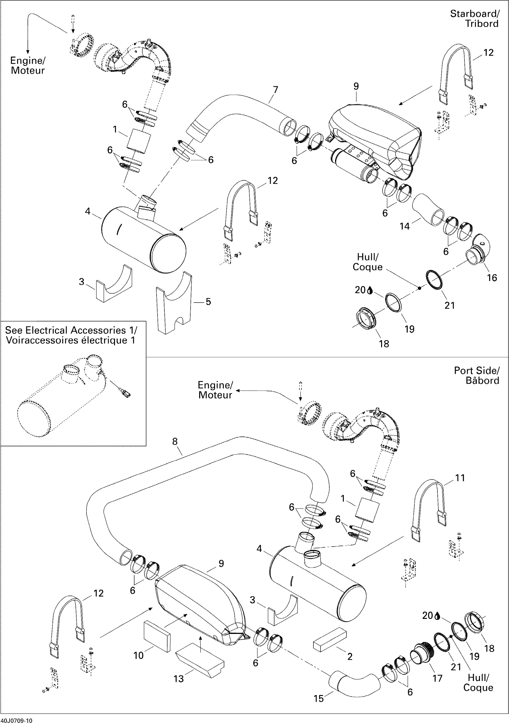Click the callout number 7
pyautogui.click(x=275, y=90)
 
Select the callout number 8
pyautogui.click(x=175, y=442)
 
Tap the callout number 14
pyautogui.click(x=405, y=226)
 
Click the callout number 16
pyautogui.click(x=492, y=278)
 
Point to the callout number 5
pyautogui.click(x=208, y=302)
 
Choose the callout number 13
pyautogui.click(x=179, y=679)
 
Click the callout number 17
pyautogui.click(x=437, y=678)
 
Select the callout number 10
pyautogui.click(x=139, y=655)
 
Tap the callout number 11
pyautogui.click(x=460, y=478)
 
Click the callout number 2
pyautogui.click(x=350, y=656)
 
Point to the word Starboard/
pyautogui.click(x=475, y=14)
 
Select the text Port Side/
pyautogui.click(x=476, y=371)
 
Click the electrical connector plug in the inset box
pyautogui.click(x=126, y=394)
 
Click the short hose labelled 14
pyautogui.click(x=428, y=210)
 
